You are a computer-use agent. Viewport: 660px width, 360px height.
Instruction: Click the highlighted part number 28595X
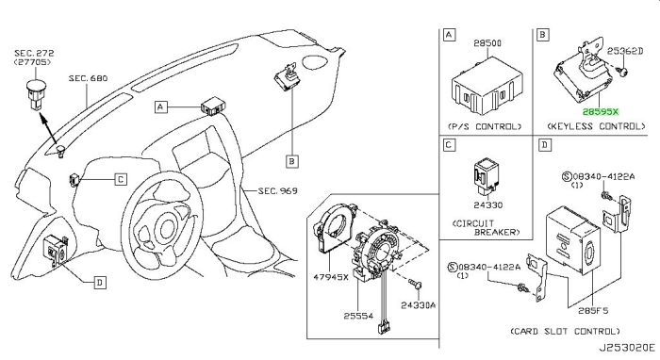601,112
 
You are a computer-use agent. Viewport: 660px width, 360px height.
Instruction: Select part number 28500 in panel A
487,43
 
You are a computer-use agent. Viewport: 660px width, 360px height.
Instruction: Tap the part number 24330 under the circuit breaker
488,205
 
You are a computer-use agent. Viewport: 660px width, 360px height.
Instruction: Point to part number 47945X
331,277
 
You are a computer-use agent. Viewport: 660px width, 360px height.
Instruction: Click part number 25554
358,316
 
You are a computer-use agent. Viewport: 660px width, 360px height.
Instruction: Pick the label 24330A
418,305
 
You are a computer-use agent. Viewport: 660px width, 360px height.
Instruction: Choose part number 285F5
593,311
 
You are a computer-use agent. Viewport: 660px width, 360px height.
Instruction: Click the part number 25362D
625,51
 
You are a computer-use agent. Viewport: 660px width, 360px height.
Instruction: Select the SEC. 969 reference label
278,191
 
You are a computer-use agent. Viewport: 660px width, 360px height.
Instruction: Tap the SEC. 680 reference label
88,78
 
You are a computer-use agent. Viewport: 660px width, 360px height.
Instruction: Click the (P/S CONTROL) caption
485,126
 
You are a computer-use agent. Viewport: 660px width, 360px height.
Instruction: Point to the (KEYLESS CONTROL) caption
596,126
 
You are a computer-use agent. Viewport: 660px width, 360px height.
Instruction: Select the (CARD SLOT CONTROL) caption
566,332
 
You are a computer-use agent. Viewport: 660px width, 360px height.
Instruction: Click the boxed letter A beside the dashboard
160,107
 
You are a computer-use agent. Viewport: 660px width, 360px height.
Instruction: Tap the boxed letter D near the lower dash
100,283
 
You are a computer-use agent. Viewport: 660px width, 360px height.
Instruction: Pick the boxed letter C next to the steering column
121,180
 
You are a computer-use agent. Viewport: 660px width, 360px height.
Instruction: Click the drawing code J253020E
627,348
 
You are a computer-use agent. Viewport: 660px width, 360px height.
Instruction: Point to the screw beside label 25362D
622,72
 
